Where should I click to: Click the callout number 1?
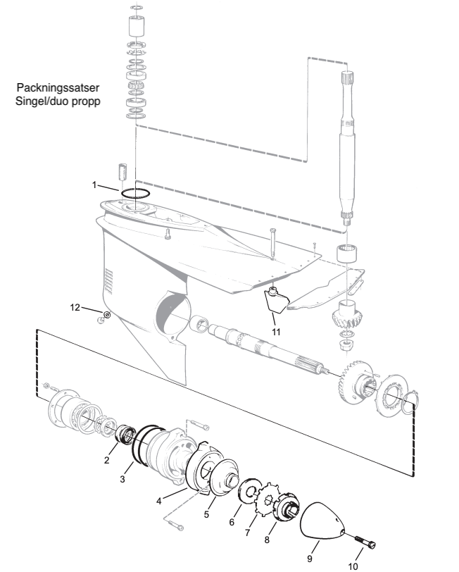[x=95, y=185]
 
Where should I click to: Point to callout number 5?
[x=206, y=515]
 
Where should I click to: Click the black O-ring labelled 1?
[x=133, y=192]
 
